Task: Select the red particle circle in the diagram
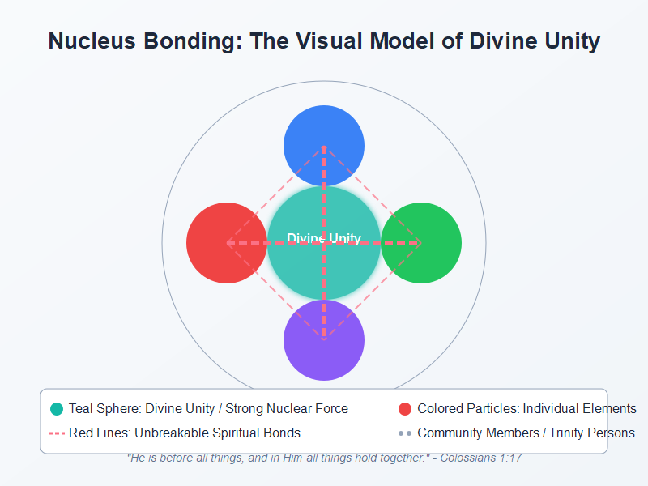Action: (x=219, y=243)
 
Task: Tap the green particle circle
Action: (x=429, y=243)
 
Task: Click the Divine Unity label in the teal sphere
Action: (x=324, y=238)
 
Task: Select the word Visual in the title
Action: (x=312, y=42)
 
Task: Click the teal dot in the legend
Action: (x=57, y=409)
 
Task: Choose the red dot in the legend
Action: (x=405, y=409)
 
